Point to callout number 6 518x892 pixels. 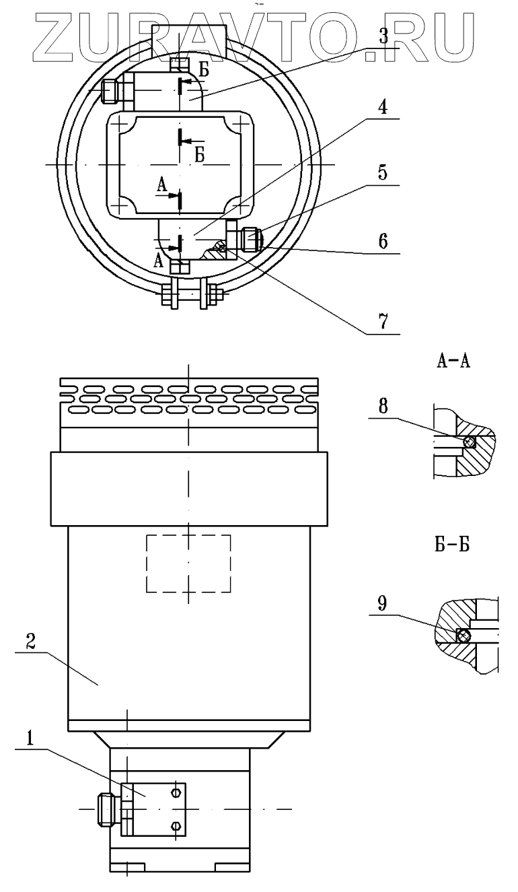pos(383,242)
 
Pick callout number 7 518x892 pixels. pos(383,321)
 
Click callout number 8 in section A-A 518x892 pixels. pos(383,407)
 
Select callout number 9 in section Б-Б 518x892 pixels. pos(382,604)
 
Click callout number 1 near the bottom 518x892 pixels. pos(30,739)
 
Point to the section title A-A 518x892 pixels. pos(453,362)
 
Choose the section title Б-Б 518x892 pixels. pos(452,545)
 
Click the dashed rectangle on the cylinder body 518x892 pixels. pos(188,563)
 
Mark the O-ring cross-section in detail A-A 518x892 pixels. pos(470,442)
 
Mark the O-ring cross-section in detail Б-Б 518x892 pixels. pos(462,636)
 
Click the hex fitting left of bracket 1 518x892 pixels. pos(106,809)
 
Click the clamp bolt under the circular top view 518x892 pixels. pos(192,295)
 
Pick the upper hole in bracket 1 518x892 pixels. pos(175,793)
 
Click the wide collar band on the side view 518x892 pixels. pos(190,488)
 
